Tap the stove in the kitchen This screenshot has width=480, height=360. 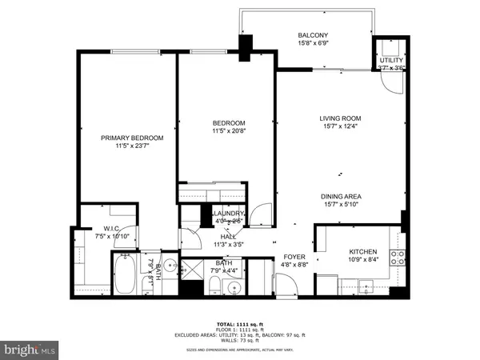pyautogui.click(x=397, y=258)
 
